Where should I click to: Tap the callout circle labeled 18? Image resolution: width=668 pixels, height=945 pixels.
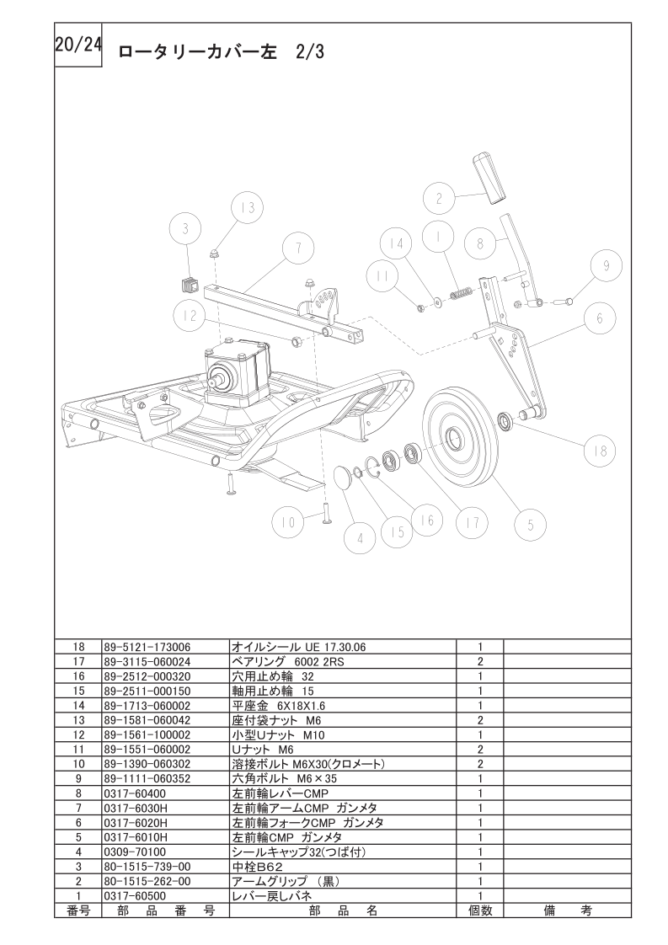(x=599, y=451)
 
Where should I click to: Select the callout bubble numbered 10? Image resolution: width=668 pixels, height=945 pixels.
(x=288, y=521)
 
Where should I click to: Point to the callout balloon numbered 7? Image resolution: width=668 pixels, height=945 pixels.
(x=297, y=247)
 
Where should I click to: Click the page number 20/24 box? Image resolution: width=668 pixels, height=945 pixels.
(x=78, y=45)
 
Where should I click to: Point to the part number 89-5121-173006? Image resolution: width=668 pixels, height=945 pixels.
(x=147, y=647)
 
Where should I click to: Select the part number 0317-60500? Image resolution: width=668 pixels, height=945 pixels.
(x=135, y=895)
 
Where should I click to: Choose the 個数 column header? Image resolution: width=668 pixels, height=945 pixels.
(x=480, y=910)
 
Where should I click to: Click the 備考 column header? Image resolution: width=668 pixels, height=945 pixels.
(x=567, y=910)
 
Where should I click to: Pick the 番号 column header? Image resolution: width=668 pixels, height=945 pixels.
(x=78, y=910)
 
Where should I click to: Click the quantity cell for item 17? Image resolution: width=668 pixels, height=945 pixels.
(x=480, y=661)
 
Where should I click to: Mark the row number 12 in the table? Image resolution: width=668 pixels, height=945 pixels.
(x=78, y=734)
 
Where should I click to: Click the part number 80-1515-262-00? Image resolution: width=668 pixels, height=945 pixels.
(x=147, y=881)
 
